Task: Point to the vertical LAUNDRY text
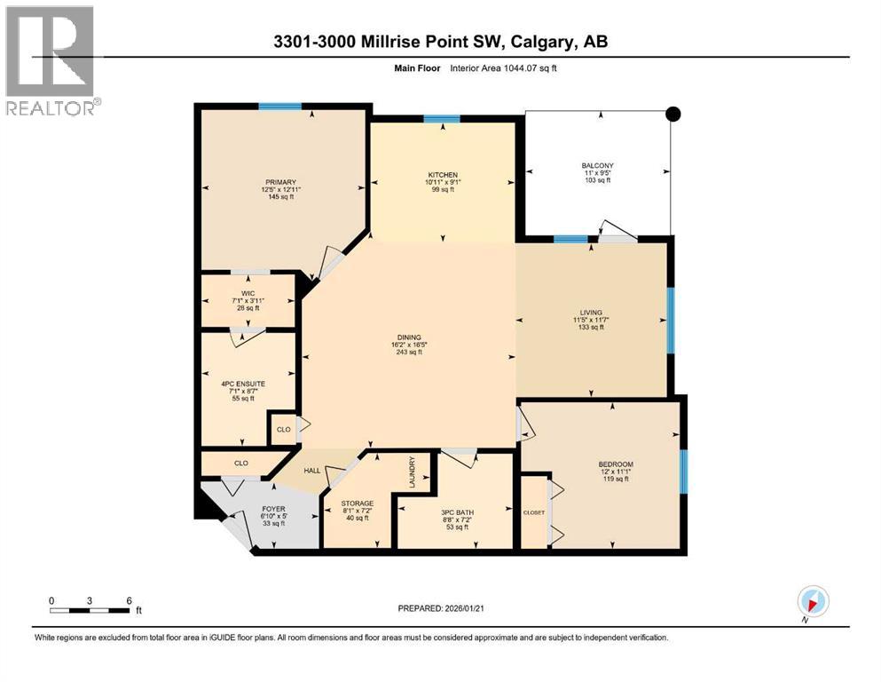coord(413,472)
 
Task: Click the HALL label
coord(312,472)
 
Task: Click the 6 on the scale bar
coord(130,600)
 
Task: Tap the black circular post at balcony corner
coord(673,113)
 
